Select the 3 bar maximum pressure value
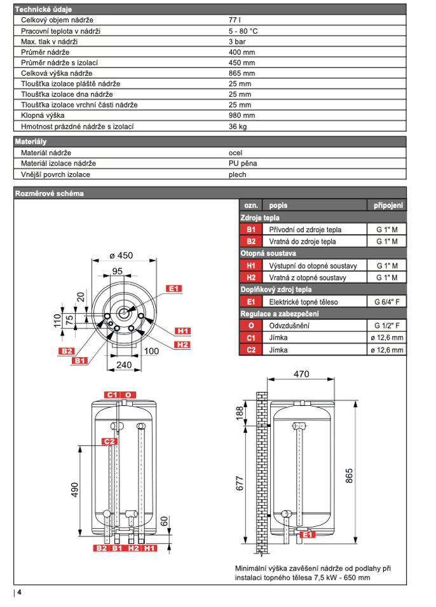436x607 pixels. pyautogui.click(x=236, y=41)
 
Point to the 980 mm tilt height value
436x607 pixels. pyautogui.click(x=242, y=115)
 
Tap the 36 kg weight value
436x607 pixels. pyautogui.click(x=237, y=126)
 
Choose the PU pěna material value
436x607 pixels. pyautogui.click(x=242, y=164)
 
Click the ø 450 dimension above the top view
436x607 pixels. pyautogui.click(x=121, y=255)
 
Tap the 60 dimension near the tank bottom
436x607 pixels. pyautogui.click(x=165, y=522)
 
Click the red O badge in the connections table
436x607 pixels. pyautogui.click(x=250, y=326)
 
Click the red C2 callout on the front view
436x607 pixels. pyautogui.click(x=110, y=441)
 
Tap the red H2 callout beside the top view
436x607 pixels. pyautogui.click(x=182, y=344)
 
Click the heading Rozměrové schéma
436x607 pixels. pyautogui.click(x=49, y=193)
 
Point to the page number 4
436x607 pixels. pyautogui.click(x=20, y=592)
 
